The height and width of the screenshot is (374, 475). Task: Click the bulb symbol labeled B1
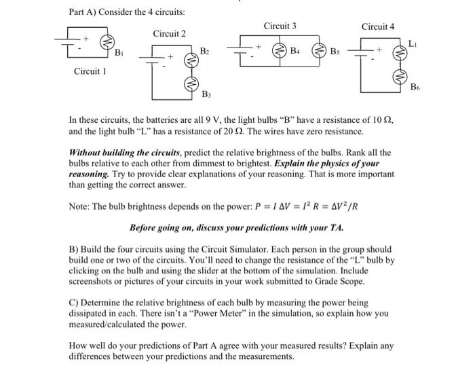[x=105, y=43]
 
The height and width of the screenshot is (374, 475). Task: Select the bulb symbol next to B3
[x=191, y=83]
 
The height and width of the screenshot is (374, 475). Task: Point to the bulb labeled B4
[x=279, y=50]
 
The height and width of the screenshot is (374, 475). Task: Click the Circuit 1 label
[x=90, y=71]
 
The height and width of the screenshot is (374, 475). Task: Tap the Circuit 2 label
[x=170, y=33]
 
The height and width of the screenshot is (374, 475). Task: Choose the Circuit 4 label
[x=378, y=26]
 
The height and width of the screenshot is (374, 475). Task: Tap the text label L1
[x=415, y=43]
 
